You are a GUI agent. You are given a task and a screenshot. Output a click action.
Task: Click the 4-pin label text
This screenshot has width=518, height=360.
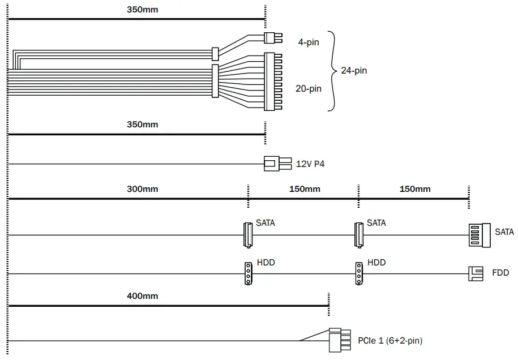[309, 42]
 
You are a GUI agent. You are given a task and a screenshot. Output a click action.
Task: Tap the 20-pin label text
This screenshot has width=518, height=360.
[309, 88]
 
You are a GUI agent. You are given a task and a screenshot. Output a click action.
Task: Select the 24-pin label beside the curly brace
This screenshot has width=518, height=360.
[354, 71]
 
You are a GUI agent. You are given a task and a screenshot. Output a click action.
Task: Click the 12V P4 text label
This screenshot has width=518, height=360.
[310, 164]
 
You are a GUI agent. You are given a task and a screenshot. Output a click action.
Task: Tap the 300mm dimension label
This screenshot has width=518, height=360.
[142, 188]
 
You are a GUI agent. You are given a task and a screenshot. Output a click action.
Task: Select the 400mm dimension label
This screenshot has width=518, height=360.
[142, 295]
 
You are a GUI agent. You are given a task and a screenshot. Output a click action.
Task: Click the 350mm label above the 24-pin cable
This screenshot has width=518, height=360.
[142, 10]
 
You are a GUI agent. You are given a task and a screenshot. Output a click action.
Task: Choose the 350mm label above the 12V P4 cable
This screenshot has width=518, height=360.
[142, 124]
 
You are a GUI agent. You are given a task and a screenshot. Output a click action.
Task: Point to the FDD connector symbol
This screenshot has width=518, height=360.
[476, 274]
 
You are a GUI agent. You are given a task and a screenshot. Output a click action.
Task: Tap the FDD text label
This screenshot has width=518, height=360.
[500, 273]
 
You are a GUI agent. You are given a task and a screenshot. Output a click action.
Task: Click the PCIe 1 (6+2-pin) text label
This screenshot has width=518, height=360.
[390, 341]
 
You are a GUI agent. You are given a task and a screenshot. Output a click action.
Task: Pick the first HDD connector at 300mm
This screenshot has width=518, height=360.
[247, 274]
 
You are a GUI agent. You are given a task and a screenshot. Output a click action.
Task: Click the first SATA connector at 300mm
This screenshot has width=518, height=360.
[247, 235]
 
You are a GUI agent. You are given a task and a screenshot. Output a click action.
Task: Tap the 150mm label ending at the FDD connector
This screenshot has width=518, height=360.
[414, 188]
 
